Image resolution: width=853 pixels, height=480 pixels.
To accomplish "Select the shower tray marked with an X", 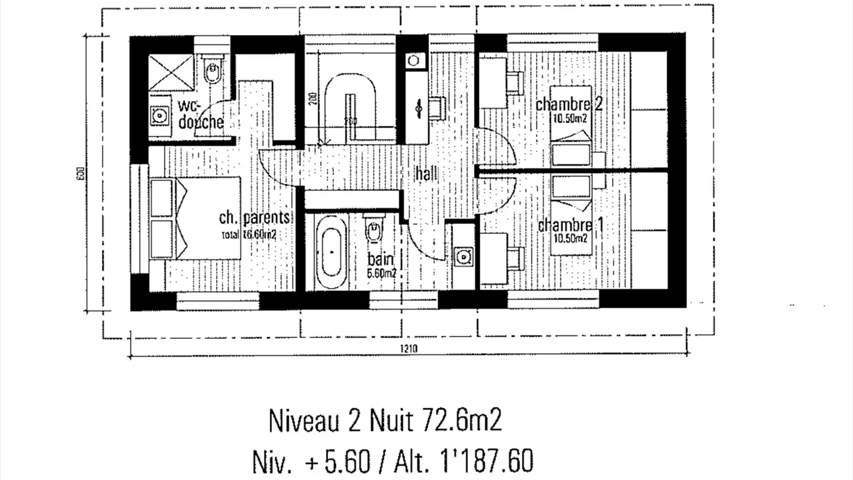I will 171,72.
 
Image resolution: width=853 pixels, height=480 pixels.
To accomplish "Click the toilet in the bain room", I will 373,232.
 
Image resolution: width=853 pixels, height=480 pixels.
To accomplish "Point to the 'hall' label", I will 426,174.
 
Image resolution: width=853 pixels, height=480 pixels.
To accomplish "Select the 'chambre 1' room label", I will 565,226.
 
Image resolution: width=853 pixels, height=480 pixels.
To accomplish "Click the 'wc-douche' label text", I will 201,114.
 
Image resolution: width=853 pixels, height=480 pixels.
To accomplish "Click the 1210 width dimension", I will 408,348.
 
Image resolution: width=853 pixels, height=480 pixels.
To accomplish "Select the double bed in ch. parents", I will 195,218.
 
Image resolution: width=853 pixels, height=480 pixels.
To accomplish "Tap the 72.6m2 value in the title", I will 463,422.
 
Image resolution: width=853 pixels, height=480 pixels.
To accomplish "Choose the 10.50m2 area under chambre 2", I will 570,117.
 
